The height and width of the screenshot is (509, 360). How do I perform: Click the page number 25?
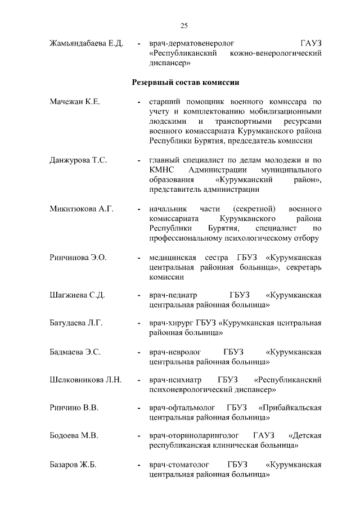pos(183,25)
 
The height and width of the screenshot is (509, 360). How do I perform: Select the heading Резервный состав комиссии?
pos(186,82)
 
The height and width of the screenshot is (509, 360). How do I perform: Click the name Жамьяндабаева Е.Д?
pos(86,43)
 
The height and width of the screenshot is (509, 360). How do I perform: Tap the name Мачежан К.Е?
pos(75,102)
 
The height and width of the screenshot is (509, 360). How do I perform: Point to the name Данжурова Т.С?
pos(78,160)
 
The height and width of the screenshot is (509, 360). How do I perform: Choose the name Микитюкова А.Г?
pos(82,209)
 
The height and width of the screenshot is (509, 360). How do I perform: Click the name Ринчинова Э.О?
pos(78,258)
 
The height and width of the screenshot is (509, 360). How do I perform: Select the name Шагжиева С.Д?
pos(77,295)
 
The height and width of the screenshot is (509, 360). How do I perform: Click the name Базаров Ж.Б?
pos(73,465)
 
